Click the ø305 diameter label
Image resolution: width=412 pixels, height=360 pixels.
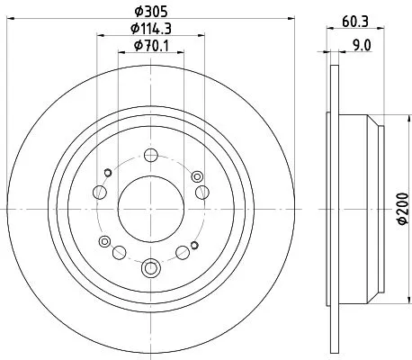coord(150,11)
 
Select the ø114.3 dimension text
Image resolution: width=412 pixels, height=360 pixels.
coord(150,29)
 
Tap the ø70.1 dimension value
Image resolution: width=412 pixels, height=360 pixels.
coord(150,47)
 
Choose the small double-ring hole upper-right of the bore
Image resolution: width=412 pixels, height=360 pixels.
coord(195,174)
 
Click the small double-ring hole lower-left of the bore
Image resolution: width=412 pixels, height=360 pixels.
coord(107,241)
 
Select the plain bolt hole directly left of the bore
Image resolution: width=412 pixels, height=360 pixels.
coord(101,192)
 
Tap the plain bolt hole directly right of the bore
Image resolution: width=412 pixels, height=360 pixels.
coord(202,192)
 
